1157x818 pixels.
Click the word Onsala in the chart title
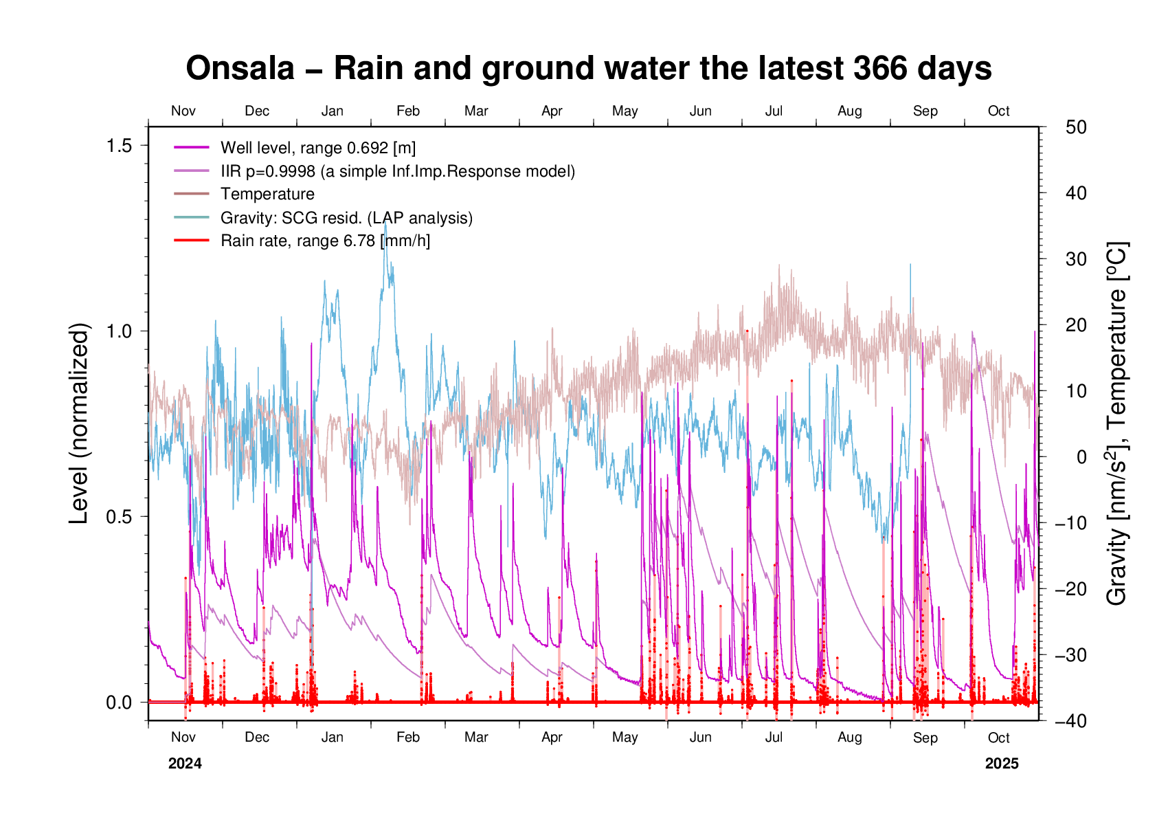[240, 69]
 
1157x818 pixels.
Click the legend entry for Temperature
[267, 195]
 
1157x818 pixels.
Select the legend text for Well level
[317, 148]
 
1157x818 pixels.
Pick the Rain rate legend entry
[325, 241]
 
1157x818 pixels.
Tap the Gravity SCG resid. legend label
[346, 218]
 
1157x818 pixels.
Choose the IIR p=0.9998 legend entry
[397, 171]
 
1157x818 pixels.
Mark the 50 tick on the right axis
[1076, 127]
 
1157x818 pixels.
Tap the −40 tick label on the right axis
[1071, 721]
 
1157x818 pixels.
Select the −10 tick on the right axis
[1071, 523]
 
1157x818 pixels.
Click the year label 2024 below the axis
[185, 764]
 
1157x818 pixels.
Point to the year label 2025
[1002, 764]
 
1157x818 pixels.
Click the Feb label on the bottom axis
[408, 738]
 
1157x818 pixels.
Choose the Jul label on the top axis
[774, 111]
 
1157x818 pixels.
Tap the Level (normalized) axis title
[80, 423]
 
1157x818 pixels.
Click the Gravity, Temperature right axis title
[1117, 423]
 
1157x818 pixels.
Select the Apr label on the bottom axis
[552, 738]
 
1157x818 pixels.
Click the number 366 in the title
[881, 69]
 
